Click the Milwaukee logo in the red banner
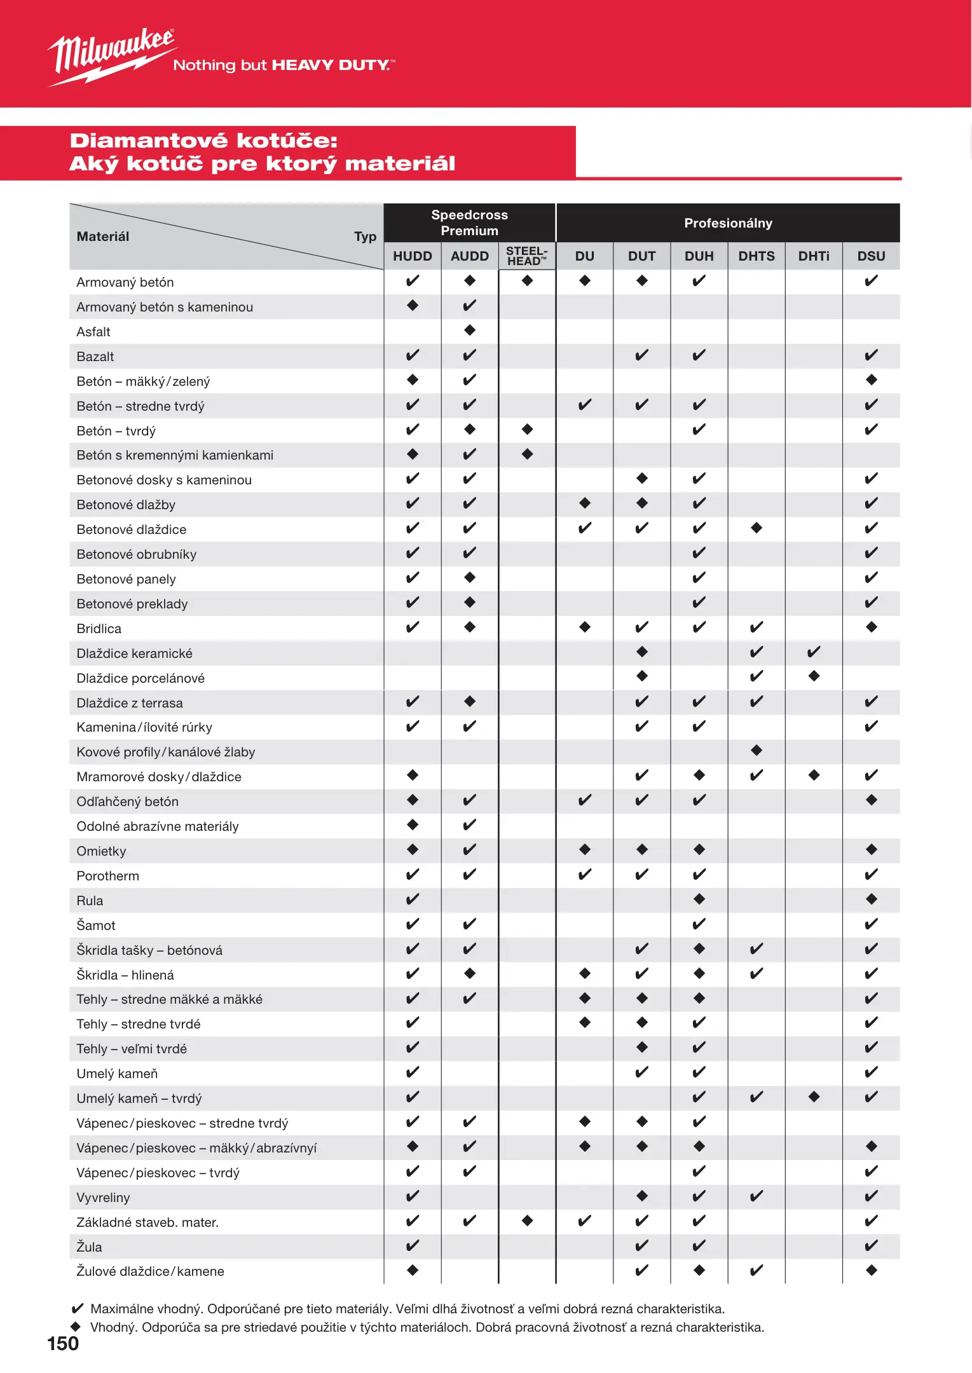(112, 57)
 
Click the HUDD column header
(413, 256)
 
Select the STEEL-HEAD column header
(526, 256)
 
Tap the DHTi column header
(814, 256)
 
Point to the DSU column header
(871, 256)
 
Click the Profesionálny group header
(728, 223)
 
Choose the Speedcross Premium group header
(469, 222)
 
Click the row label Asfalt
(93, 332)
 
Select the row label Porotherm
(107, 876)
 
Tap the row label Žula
(89, 1247)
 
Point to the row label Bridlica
(99, 629)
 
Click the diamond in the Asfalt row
(470, 330)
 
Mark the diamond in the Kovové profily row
(756, 751)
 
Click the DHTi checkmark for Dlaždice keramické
(814, 652)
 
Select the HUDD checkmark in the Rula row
(413, 899)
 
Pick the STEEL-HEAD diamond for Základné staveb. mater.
(527, 1220)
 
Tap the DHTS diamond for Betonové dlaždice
(756, 528)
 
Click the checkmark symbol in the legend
(77, 1308)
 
